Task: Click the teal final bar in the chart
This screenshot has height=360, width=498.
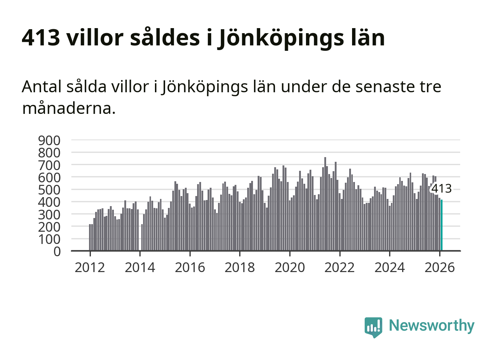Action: coord(442,225)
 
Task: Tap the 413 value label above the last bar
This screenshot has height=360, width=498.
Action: coord(441,188)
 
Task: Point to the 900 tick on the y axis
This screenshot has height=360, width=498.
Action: coord(49,141)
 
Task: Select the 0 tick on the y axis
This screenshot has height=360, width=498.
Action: coord(57,252)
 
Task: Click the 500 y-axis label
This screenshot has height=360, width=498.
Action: coord(49,190)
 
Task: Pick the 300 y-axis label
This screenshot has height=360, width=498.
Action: coord(49,214)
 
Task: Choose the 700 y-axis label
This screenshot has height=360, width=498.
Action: coord(49,165)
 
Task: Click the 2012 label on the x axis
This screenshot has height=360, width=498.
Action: coord(90,268)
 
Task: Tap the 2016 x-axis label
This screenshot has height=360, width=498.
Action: coord(190,268)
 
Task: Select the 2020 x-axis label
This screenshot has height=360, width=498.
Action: coord(290,268)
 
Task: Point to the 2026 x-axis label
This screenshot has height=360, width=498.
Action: coord(440,268)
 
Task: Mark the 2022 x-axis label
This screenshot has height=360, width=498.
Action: coord(339,268)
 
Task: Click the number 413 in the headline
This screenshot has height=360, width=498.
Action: coord(41,37)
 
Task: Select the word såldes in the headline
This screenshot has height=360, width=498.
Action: coord(165,37)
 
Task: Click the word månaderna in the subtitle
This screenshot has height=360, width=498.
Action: coord(69,108)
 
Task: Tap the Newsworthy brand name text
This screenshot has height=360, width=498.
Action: coord(432,326)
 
